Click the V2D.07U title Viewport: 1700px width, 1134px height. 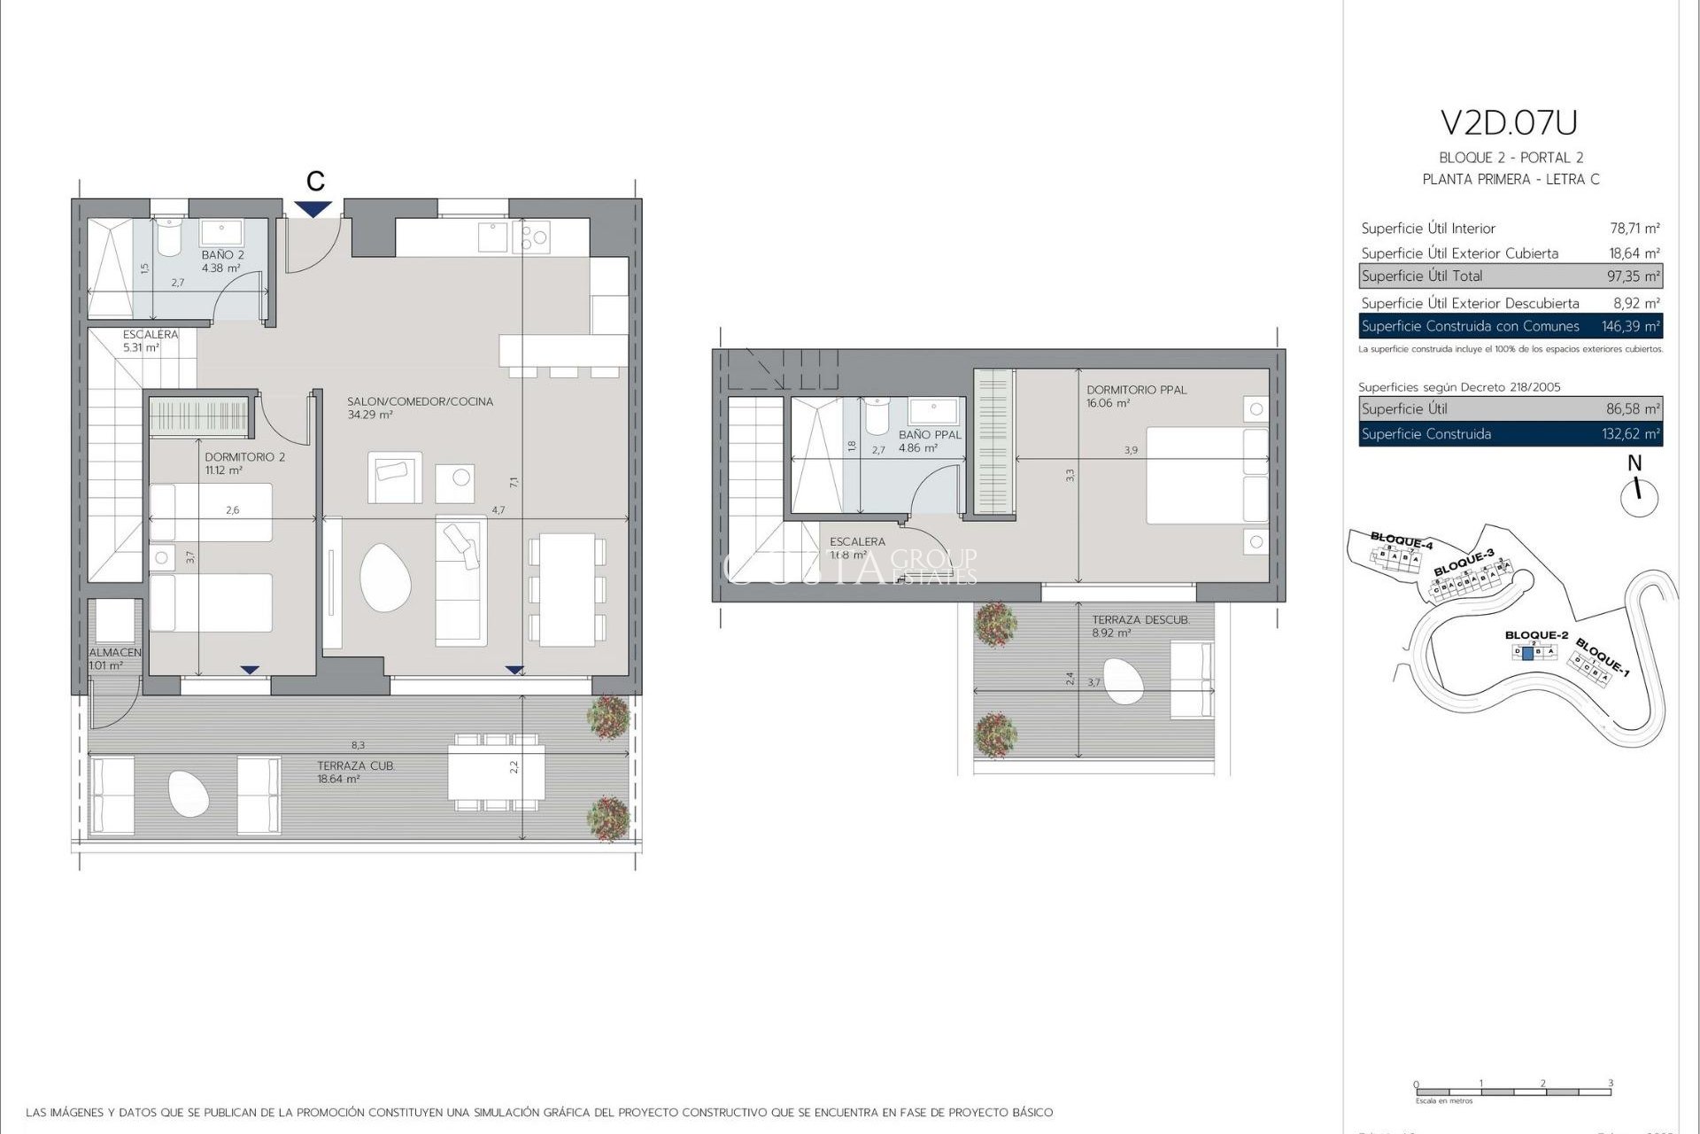click(x=1509, y=123)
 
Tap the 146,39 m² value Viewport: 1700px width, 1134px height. click(x=1630, y=326)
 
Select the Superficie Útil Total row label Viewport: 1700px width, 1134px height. click(x=1422, y=276)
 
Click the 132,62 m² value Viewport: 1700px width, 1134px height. click(x=1630, y=434)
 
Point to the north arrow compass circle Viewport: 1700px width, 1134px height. click(x=1639, y=498)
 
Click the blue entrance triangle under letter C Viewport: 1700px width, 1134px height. click(x=314, y=209)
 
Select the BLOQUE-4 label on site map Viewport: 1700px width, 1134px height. click(x=1401, y=540)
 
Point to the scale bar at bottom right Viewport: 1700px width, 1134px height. click(x=1512, y=1091)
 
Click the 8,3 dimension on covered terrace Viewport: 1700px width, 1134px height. click(x=358, y=746)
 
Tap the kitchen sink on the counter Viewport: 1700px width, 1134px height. click(x=492, y=237)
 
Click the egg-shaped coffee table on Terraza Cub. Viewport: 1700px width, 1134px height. click(x=188, y=793)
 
